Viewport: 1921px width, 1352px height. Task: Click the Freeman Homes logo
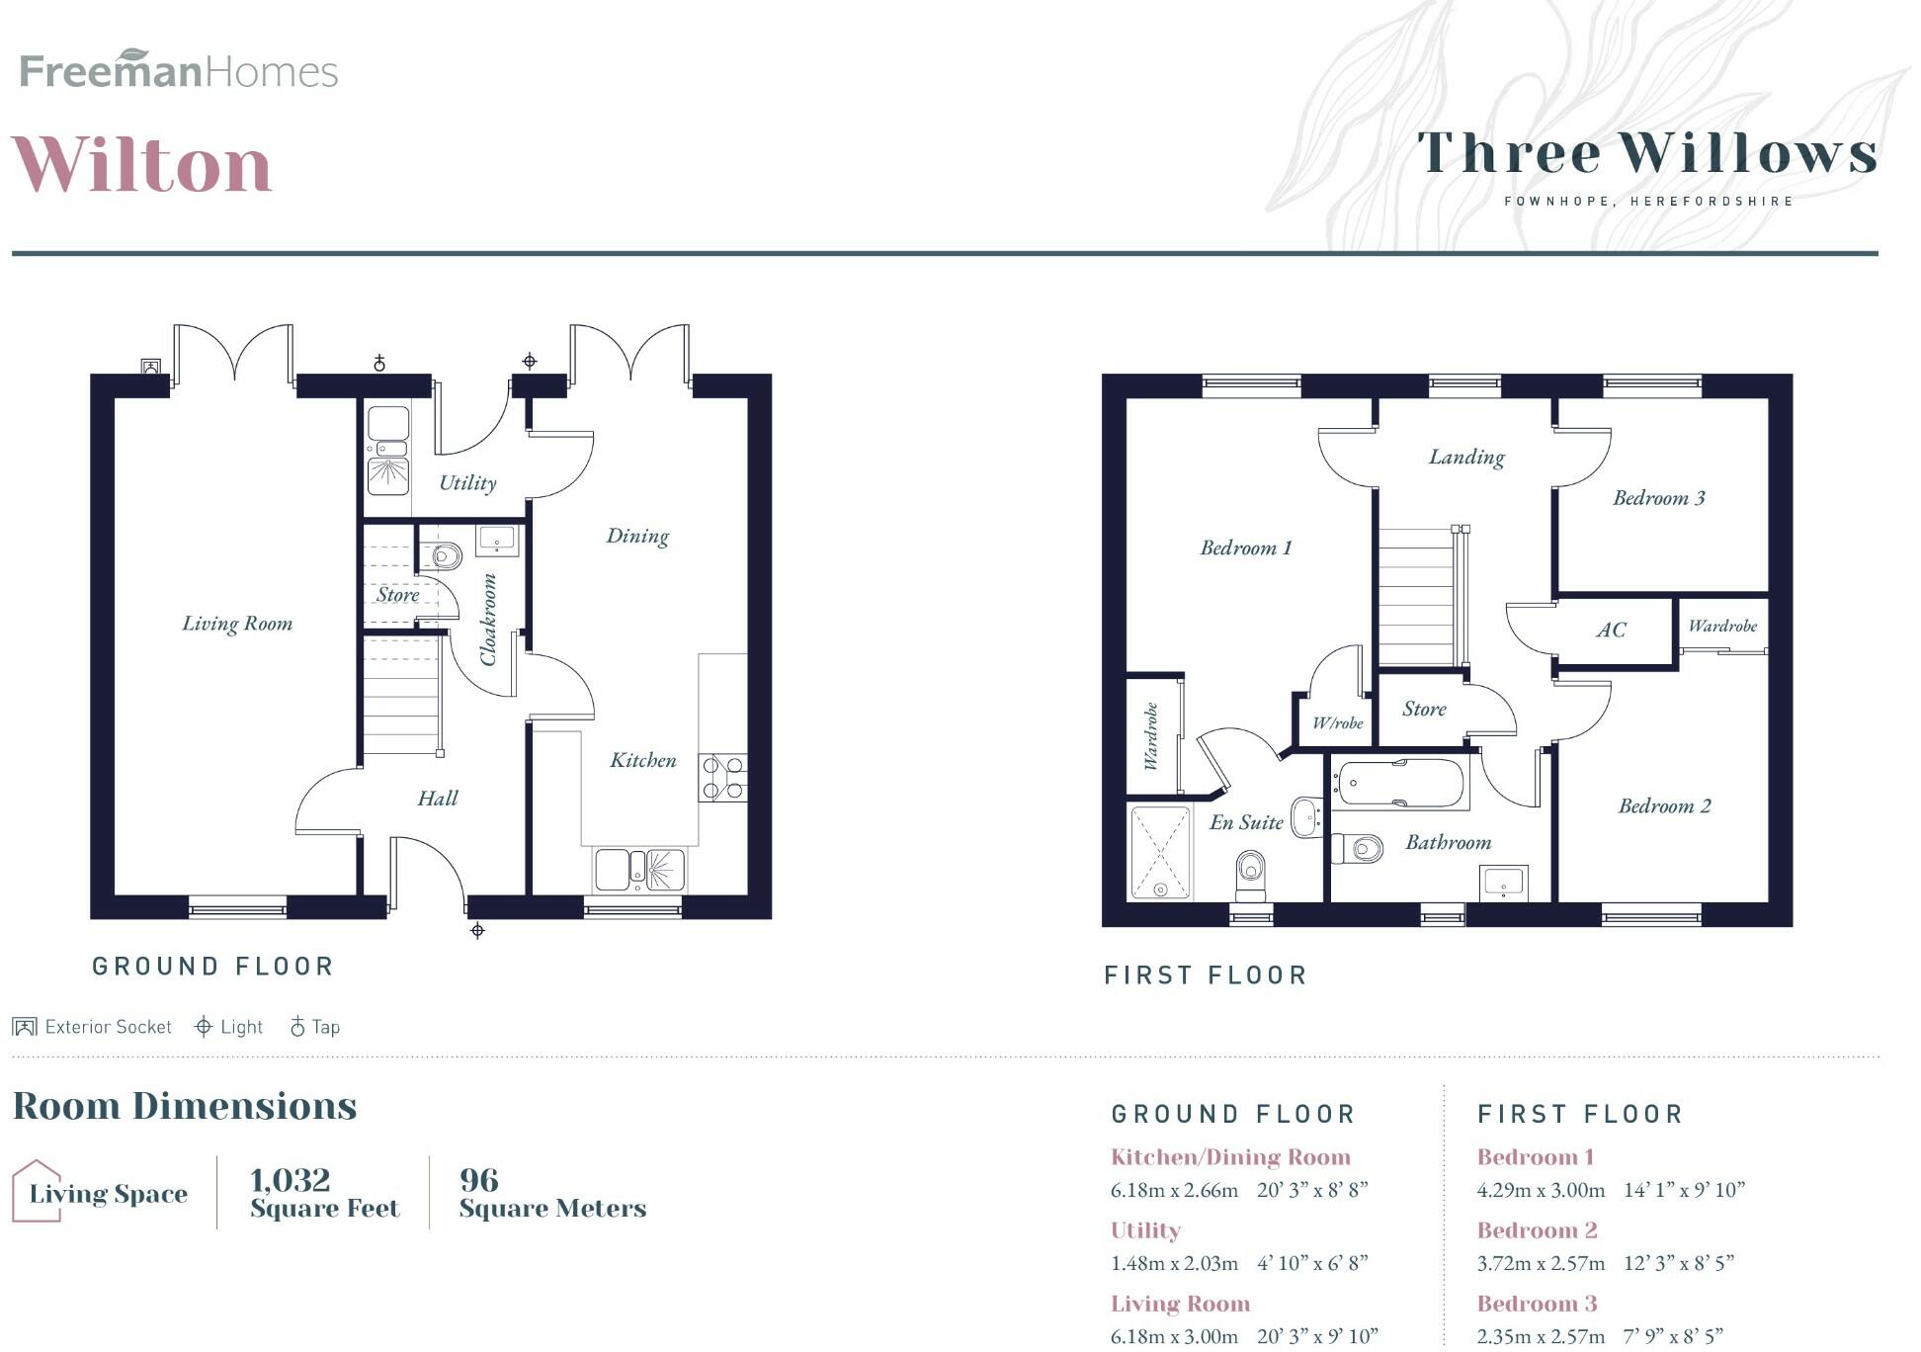tap(179, 70)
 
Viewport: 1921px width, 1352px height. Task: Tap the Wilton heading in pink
tap(142, 164)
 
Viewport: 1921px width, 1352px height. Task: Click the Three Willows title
tap(1647, 154)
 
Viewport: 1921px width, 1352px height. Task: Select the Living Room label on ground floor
tap(237, 624)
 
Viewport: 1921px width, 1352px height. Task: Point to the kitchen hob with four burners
tap(722, 777)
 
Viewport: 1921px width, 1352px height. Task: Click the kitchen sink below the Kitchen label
tap(639, 870)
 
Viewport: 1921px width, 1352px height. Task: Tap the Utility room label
tap(467, 483)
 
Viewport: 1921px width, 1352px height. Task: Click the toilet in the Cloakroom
tap(445, 556)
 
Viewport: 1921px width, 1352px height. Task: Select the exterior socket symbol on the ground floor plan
tap(151, 367)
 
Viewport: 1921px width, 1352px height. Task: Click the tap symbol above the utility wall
tap(379, 364)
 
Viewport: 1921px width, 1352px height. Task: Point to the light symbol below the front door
tap(477, 930)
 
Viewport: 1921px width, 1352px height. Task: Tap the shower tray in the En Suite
tap(1160, 852)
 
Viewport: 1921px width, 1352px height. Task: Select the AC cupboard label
tap(1610, 631)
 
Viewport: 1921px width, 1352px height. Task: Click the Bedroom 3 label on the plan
tap(1658, 498)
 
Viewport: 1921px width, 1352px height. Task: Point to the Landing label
tap(1466, 457)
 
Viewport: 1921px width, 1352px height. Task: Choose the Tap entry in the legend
tap(315, 1027)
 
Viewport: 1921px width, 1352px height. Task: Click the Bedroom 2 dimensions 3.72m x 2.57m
tap(1541, 1263)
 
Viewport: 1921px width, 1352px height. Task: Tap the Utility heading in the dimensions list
tap(1145, 1230)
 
